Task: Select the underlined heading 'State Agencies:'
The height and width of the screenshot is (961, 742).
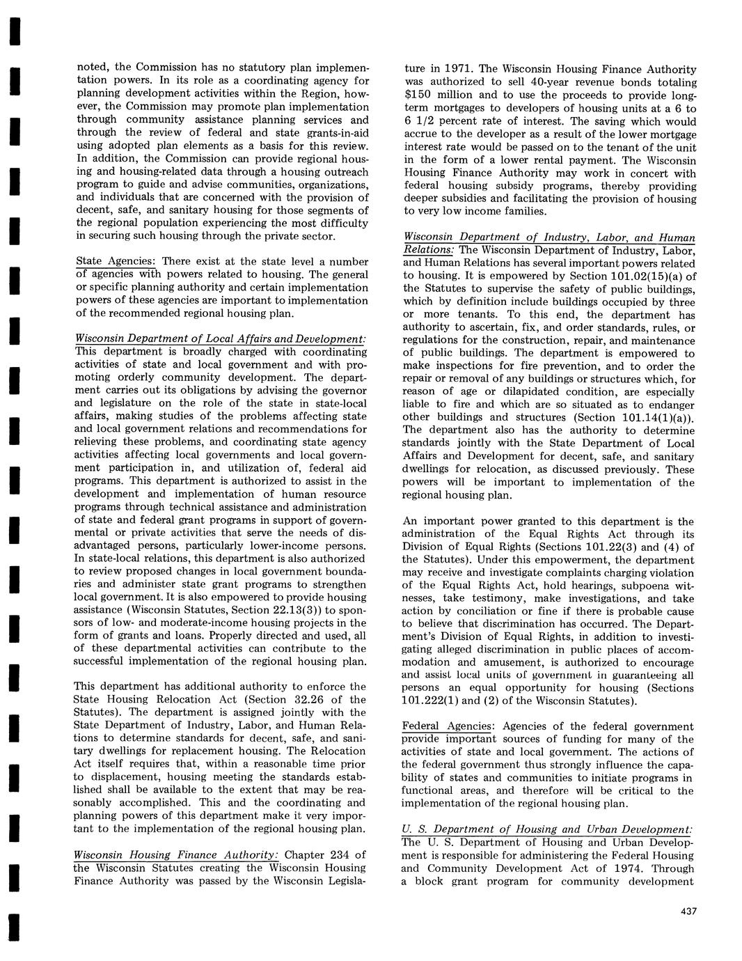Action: pos(116,261)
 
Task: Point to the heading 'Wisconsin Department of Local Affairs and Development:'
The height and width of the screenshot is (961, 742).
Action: pos(220,338)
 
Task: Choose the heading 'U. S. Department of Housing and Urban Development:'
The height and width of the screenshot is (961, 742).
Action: pos(548,829)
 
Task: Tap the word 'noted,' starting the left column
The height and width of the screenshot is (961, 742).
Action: pos(92,68)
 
